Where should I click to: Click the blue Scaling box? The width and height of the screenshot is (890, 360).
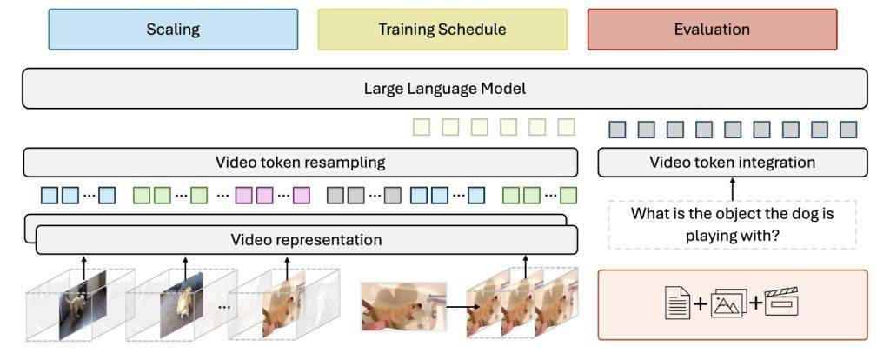pos(173,30)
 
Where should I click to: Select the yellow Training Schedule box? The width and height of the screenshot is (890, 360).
pos(442,30)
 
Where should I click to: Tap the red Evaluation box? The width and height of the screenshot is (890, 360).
pos(712,30)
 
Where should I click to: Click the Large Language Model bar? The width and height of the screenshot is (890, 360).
pos(444,89)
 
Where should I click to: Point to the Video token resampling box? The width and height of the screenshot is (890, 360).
pos(300,163)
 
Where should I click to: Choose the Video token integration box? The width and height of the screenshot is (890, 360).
pos(732,163)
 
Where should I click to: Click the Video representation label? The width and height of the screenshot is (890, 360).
pos(307,240)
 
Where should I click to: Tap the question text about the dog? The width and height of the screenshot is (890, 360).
pos(732,224)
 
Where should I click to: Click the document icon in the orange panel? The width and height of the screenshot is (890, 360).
pos(678,302)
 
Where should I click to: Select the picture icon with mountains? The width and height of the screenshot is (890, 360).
pos(729,303)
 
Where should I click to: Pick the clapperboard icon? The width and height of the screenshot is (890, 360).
pos(781,302)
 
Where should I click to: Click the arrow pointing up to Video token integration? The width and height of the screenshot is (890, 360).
pos(732,189)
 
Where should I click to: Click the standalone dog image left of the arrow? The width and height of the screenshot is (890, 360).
pos(403,307)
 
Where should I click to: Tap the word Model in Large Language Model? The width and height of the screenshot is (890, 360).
pos(507,89)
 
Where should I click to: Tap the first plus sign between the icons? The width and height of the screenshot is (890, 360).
pos(701,303)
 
